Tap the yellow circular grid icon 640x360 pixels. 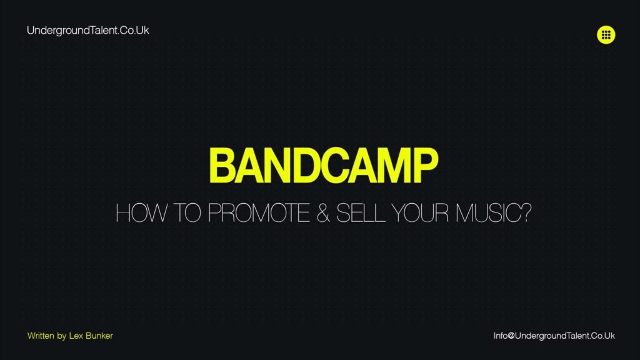coord(606,35)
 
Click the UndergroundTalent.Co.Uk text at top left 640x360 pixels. coord(88,30)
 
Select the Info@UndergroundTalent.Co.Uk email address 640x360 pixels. coord(554,336)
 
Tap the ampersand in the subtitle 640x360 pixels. coord(324,214)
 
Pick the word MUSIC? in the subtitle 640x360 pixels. coord(496,214)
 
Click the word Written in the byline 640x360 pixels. coord(41,336)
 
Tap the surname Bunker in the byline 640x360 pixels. coord(100,336)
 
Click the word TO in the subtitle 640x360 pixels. coord(183,214)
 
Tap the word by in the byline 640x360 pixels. coord(61,336)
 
